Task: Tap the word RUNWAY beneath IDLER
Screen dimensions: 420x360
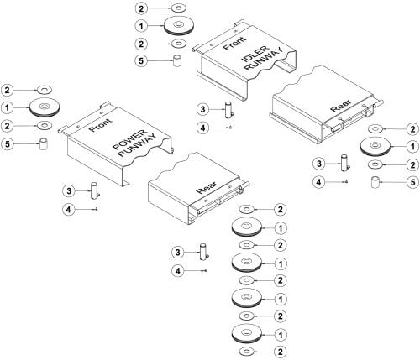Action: point(264,60)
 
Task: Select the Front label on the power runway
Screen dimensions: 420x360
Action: point(100,125)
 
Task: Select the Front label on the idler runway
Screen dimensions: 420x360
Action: point(234,44)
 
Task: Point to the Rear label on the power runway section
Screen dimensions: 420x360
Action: point(207,188)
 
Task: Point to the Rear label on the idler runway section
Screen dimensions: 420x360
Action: point(341,106)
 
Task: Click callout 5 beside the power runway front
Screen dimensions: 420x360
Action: point(8,144)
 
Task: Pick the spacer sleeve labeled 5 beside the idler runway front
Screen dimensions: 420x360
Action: point(177,60)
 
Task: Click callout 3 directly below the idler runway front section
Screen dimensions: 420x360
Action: point(202,109)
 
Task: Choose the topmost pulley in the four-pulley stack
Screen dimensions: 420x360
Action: point(247,227)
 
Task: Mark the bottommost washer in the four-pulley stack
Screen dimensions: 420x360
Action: point(247,351)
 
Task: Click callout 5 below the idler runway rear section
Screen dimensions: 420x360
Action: point(412,182)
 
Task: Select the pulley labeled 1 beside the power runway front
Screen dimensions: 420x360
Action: point(44,108)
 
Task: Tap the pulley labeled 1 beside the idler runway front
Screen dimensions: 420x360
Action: point(177,26)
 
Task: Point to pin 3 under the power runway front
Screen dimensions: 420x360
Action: point(95,190)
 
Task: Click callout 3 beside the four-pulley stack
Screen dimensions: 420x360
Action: point(178,253)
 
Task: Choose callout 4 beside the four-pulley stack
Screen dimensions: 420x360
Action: point(178,270)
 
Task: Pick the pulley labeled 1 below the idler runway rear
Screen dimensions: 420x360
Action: point(375,147)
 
